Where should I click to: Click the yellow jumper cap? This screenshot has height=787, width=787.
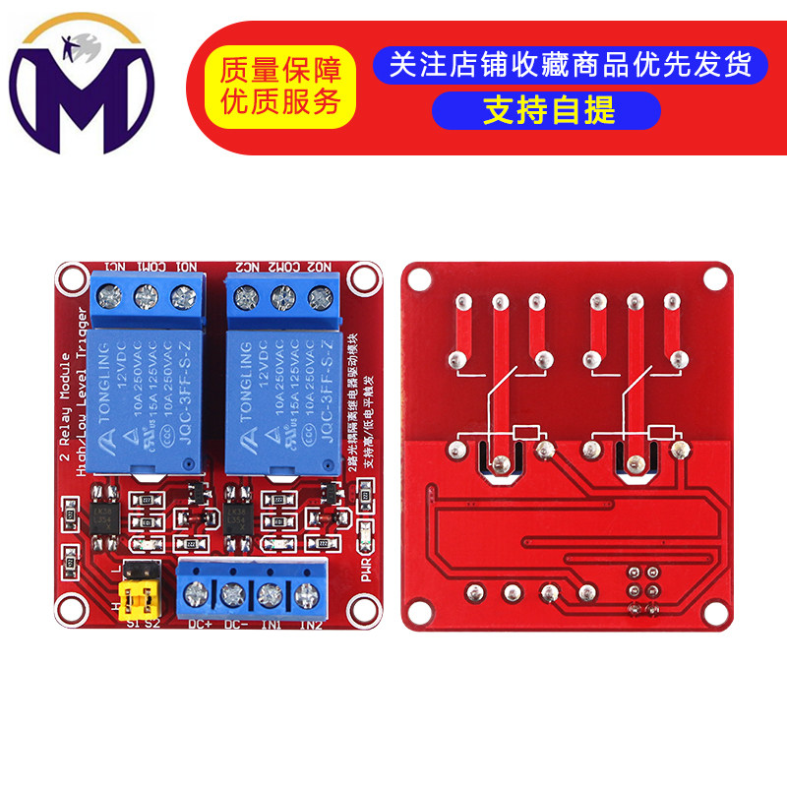click(139, 597)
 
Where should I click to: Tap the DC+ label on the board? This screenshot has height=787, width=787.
click(199, 623)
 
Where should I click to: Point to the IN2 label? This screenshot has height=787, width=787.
click(311, 623)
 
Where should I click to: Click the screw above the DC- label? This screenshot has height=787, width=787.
click(233, 593)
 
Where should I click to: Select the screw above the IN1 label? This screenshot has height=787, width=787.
click(271, 593)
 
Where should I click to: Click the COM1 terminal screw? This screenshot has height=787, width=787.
click(146, 295)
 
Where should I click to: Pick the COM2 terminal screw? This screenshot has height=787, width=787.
click(283, 295)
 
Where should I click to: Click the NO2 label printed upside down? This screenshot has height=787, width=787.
click(319, 267)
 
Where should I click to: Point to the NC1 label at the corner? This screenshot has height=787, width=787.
click(114, 267)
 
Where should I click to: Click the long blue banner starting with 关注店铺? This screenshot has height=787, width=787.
click(569, 64)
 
